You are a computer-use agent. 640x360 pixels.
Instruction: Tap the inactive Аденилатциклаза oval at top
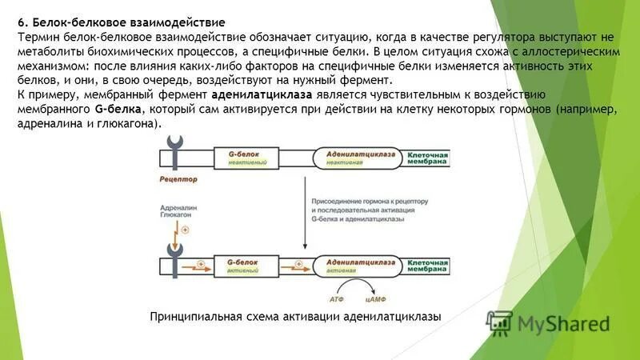point(350,156)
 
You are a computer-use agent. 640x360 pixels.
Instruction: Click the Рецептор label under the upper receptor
point(178,180)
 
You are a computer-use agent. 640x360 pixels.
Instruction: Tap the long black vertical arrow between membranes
point(303,213)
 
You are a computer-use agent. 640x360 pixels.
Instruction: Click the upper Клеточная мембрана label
point(433,156)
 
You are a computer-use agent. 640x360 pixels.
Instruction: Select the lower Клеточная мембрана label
point(433,266)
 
